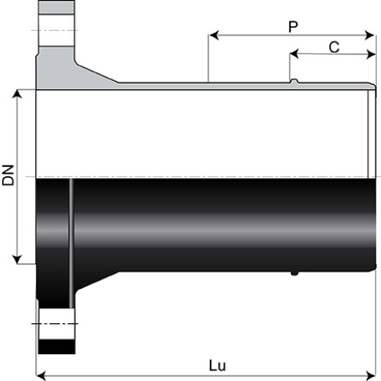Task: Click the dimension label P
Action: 292,27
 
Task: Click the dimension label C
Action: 334,47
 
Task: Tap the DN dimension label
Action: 8,175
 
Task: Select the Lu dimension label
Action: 217,365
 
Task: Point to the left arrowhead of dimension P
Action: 214,35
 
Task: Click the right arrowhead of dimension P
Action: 369,35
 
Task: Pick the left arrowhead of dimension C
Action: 294,54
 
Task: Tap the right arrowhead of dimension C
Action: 371,54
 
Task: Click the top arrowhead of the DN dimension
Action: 18,94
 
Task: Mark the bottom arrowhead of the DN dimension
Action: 18,259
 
